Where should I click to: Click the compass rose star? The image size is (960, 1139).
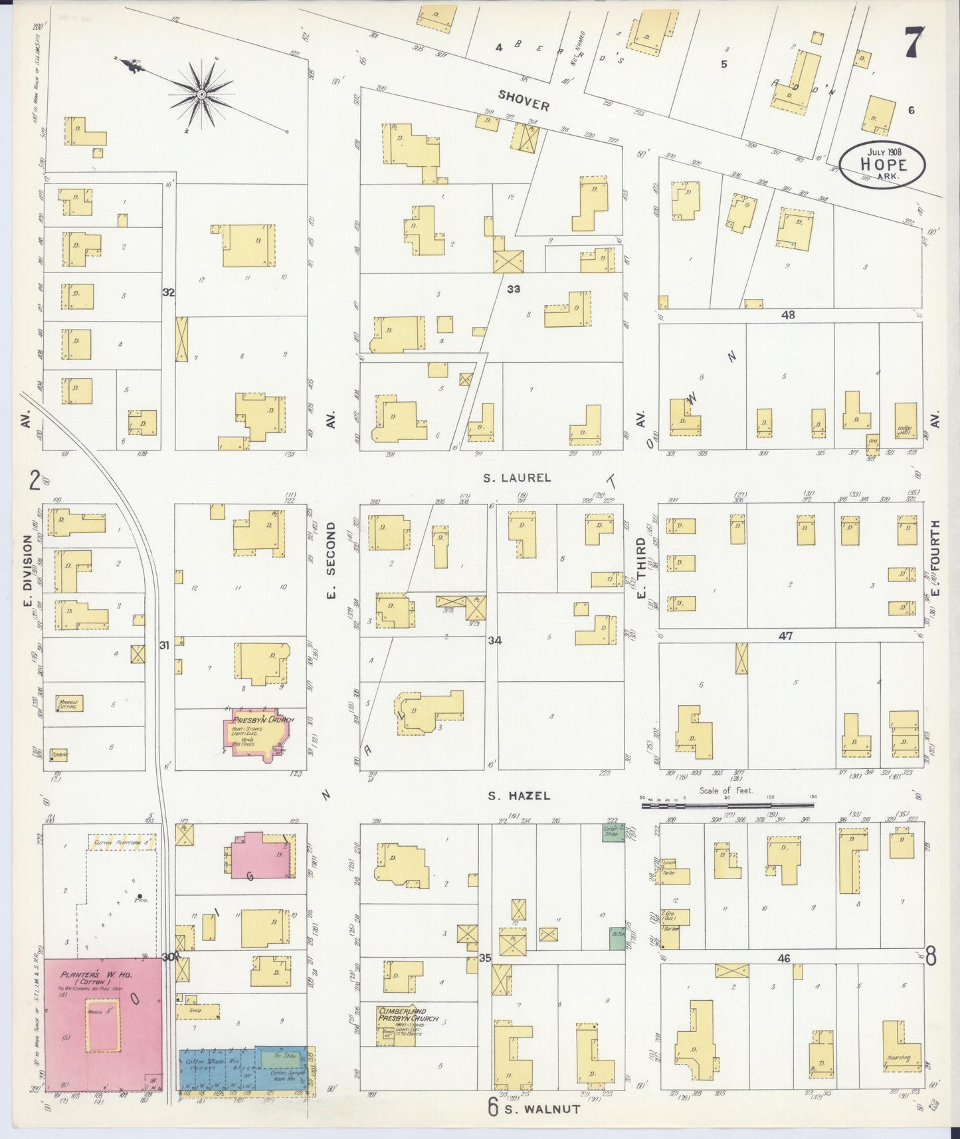[x=201, y=94]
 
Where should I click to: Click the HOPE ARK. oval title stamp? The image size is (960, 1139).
[x=882, y=163]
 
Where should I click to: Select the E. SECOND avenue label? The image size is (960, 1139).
[x=332, y=560]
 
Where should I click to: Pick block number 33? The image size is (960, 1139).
[x=513, y=289]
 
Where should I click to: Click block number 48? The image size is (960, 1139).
[x=789, y=315]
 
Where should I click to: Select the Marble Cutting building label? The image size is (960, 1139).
[x=67, y=705]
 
